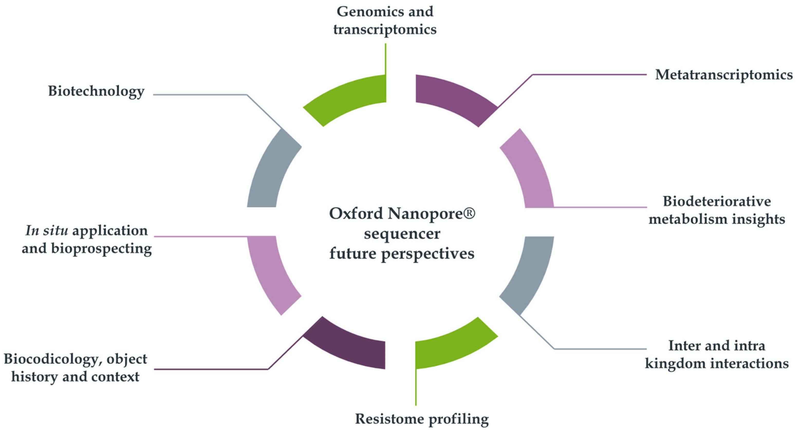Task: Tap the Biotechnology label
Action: (96, 91)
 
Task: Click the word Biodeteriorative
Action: (717, 202)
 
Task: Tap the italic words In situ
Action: (47, 231)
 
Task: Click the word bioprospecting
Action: (101, 249)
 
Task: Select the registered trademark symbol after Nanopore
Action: (470, 213)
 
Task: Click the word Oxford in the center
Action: (356, 214)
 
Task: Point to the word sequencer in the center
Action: (402, 234)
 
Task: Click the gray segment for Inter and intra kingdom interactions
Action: (530, 273)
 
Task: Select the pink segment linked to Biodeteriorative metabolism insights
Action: (530, 170)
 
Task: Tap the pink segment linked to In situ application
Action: (271, 273)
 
